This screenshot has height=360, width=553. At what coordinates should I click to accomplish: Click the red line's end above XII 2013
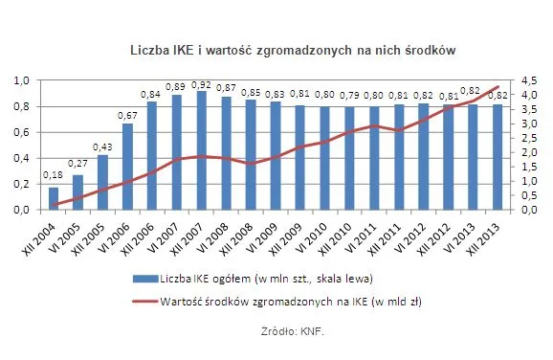498,87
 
